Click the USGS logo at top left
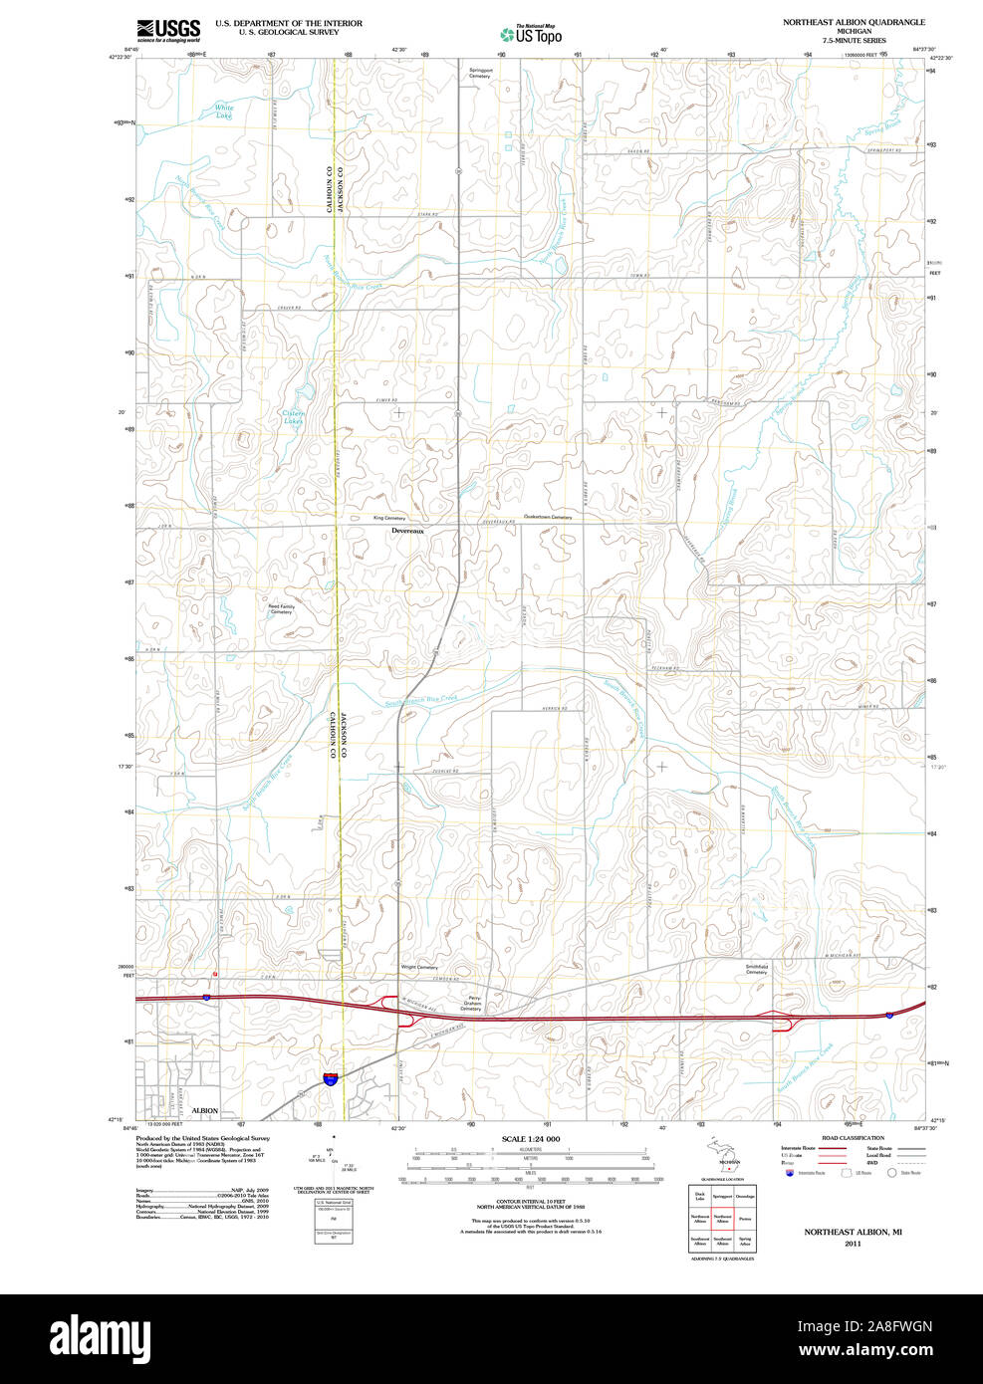tap(168, 30)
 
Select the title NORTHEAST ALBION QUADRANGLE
tap(853, 22)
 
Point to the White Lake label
tap(224, 111)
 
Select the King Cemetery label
tap(389, 518)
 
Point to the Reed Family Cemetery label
tap(281, 608)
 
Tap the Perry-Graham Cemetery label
tap(471, 1004)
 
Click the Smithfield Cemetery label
tap(756, 969)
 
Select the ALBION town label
tap(204, 1110)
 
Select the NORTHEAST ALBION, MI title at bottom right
tap(853, 1232)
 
